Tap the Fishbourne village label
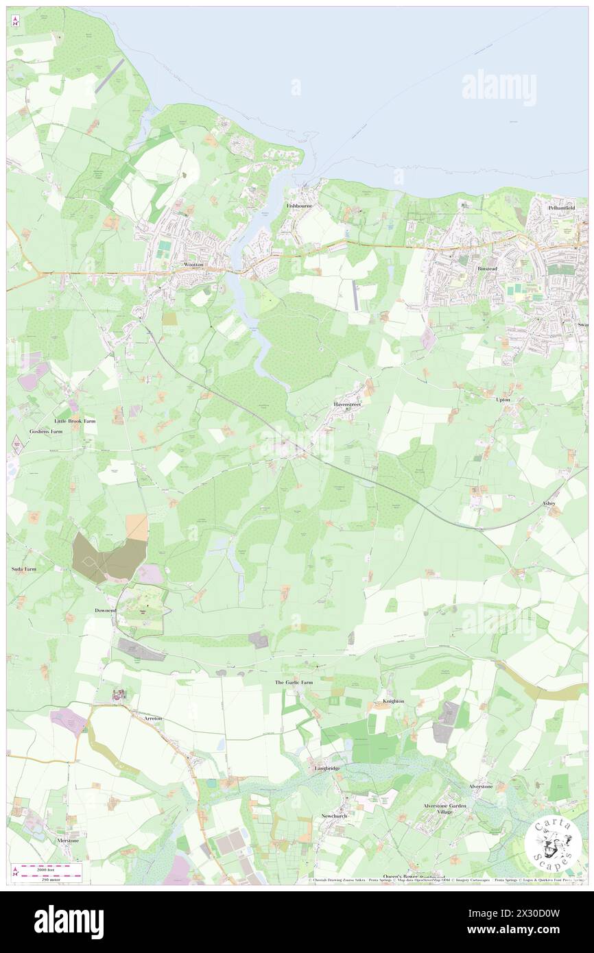300,205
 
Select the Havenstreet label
347,405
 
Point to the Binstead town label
488,269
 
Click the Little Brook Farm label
75,421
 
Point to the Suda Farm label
23,569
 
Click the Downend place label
106,610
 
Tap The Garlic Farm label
294,683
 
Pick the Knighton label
393,701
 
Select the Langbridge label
327,769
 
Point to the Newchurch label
335,816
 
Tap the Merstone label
68,841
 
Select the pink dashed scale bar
47,867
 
